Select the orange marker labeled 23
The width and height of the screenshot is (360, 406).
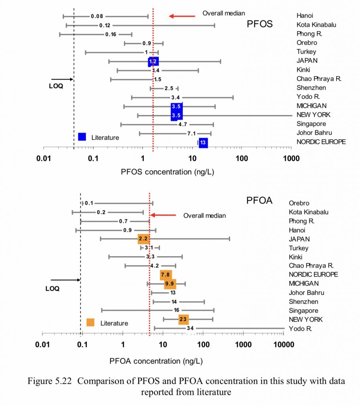[x=183, y=320]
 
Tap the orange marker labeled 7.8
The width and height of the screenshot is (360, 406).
[x=166, y=275]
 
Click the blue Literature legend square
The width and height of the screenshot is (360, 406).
[x=82, y=137]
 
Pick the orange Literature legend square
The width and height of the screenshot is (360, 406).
[x=91, y=323]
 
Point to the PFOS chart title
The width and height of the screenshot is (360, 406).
[x=259, y=24]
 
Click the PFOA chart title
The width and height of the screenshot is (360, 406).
[x=259, y=200]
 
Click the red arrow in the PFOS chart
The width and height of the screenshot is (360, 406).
[x=182, y=16]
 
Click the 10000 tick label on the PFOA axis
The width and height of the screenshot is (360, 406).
[x=283, y=344]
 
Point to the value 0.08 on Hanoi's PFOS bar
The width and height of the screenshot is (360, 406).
[x=97, y=16]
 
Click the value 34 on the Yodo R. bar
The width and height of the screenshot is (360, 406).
[x=190, y=328]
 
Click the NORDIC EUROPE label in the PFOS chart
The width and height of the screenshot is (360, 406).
[x=321, y=142]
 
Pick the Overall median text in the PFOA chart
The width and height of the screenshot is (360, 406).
[x=204, y=216]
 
